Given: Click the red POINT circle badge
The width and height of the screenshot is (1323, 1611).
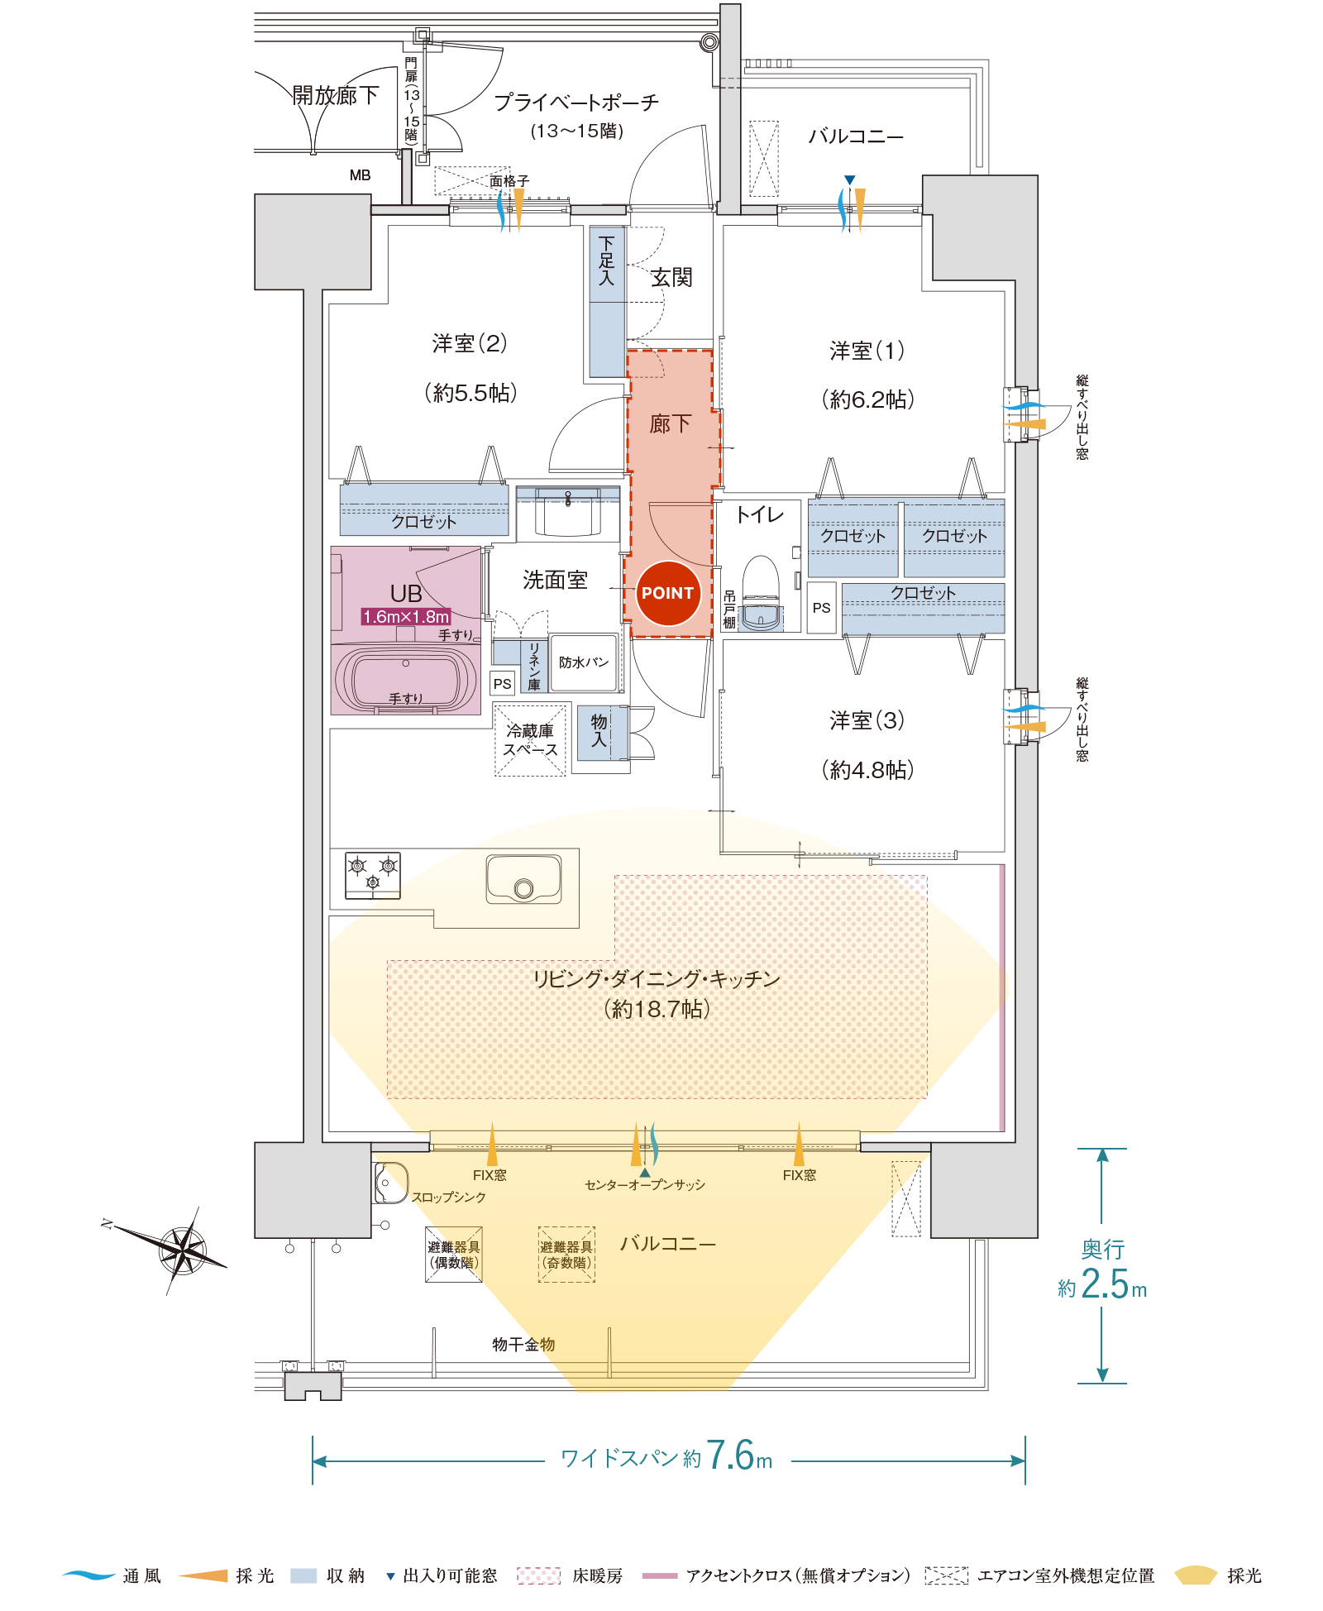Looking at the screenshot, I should tap(667, 593).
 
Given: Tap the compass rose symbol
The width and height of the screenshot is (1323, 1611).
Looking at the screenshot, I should tap(184, 1249).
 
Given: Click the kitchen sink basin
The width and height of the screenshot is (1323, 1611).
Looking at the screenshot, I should tap(523, 879).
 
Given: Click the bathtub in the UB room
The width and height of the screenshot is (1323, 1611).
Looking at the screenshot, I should tap(405, 679).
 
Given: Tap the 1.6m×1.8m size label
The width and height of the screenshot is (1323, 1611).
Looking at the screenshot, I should tap(406, 617).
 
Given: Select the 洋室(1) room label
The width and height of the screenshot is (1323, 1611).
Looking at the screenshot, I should tap(867, 351).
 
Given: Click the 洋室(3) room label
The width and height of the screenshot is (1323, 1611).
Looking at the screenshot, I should tap(867, 720).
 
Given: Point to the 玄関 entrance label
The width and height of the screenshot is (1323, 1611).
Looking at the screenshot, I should tap(671, 277).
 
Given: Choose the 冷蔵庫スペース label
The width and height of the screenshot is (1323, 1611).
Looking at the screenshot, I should tap(530, 740).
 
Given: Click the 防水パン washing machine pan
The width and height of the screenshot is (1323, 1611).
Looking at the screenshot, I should tap(584, 662).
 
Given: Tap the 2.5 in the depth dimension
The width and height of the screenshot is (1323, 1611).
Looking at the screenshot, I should tap(1104, 1285).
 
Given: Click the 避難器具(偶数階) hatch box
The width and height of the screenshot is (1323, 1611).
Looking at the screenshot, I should tap(453, 1255).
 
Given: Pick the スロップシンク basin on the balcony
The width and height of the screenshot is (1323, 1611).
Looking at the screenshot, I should tap(390, 1183).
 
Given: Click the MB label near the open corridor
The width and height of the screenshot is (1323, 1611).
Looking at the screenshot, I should tap(360, 175).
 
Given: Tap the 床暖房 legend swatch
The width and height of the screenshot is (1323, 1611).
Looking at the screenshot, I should tap(538, 1575).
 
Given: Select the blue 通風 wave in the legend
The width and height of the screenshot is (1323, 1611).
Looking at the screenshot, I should tap(88, 1575).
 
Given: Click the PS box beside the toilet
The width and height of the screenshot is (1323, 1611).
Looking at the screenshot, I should tap(821, 608).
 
